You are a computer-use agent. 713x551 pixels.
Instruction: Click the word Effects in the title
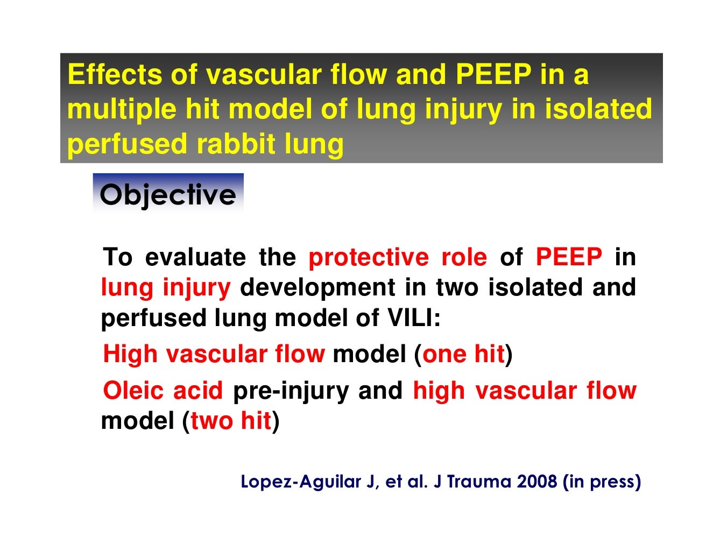coord(114,74)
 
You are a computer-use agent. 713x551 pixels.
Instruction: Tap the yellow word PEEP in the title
coord(493,74)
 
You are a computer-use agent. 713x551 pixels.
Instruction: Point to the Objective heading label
coord(168,194)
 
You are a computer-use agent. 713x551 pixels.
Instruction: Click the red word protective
coord(368,257)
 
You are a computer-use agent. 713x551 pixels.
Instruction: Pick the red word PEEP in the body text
coord(568,257)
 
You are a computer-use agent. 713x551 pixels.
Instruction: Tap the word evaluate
coord(195,257)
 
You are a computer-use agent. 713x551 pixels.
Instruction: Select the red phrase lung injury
coord(166,288)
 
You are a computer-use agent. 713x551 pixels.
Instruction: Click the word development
coord(317,288)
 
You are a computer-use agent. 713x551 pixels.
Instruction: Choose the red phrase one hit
coord(463,355)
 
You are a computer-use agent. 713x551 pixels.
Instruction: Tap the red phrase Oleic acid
coord(163,391)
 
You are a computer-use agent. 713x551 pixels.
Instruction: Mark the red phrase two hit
coord(230,421)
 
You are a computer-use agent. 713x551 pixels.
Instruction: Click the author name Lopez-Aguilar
coord(301,481)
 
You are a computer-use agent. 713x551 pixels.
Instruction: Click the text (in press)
coord(602,481)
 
